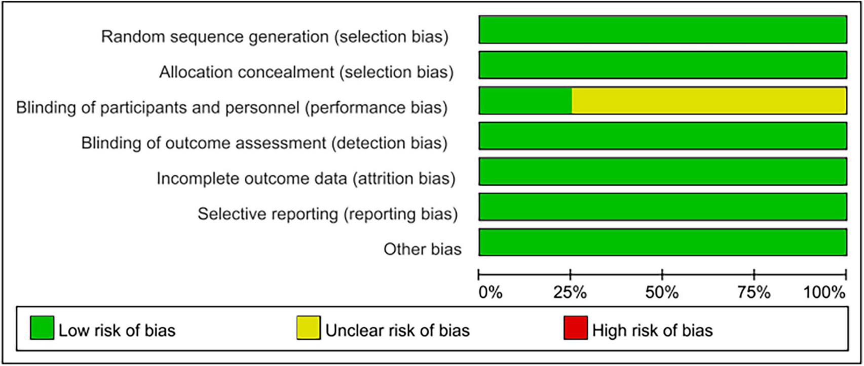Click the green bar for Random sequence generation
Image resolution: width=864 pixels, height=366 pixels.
pos(663,30)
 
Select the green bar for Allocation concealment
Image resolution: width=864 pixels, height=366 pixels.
pos(663,65)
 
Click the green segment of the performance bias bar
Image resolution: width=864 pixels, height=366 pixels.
pos(525,100)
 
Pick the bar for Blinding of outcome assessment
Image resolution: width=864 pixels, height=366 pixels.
pos(663,136)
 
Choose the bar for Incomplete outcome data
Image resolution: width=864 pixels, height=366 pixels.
pos(663,171)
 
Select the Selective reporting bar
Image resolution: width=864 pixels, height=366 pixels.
pos(663,207)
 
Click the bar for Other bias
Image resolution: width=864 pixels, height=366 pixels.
pos(663,242)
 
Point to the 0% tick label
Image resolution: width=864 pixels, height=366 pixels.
pos(490,293)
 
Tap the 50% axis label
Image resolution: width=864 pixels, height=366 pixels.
pos(662,293)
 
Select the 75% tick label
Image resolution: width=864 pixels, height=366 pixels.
pos(754,293)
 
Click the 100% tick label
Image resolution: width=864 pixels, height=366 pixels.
pos(825,293)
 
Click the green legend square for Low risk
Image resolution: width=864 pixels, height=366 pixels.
pos(42,328)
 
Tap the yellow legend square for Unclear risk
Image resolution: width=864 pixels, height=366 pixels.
pos(309,328)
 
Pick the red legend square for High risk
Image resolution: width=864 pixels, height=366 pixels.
pos(576,328)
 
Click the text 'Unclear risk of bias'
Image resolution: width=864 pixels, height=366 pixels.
pos(397,331)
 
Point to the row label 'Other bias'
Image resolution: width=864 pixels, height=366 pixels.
pos(422,249)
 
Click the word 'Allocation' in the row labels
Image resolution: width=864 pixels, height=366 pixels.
pos(196,72)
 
